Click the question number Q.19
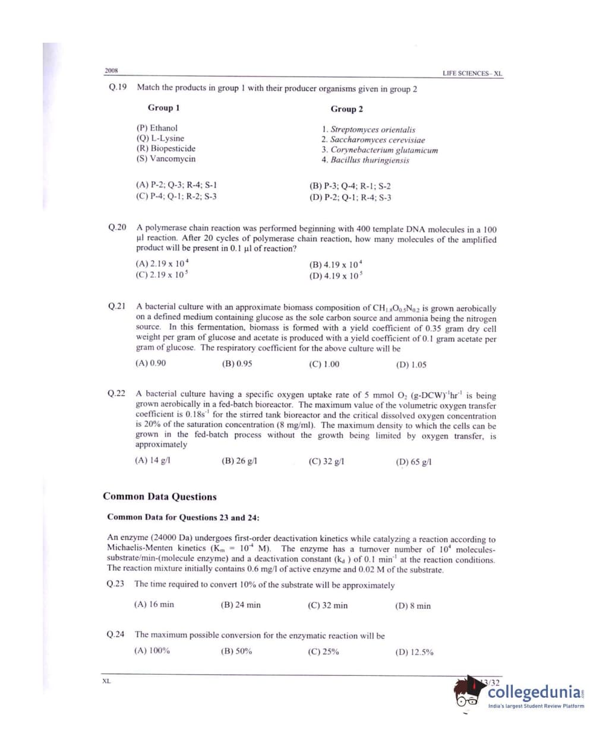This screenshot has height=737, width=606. point(117,87)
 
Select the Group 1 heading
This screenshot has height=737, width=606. point(163,108)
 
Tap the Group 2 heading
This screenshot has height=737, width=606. point(346,109)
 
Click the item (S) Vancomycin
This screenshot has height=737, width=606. point(166,159)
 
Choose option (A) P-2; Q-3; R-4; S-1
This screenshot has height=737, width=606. point(176,185)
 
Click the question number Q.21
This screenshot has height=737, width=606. point(116,307)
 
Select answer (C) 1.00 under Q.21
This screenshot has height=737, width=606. point(324,364)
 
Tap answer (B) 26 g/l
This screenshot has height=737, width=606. point(239,461)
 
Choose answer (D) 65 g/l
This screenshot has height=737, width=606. point(414,462)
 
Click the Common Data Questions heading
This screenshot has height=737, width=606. point(160,497)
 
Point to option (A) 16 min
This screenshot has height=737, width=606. point(154,605)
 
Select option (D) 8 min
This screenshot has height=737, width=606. point(413,606)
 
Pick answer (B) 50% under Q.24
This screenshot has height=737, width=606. point(236,651)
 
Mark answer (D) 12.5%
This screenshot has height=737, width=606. point(414,652)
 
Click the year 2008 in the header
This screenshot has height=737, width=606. point(111,71)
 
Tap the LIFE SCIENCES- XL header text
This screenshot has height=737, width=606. point(472,74)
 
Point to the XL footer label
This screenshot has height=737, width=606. point(106,681)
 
